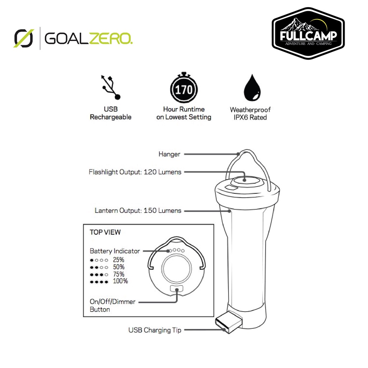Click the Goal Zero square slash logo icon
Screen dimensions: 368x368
point(24,38)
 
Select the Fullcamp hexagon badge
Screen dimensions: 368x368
point(308,33)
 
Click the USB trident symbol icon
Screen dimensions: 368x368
point(111,87)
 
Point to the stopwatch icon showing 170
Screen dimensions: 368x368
point(184,88)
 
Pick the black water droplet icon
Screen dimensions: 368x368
point(252,88)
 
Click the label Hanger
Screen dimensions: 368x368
point(169,154)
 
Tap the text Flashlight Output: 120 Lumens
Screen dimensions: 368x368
point(135,172)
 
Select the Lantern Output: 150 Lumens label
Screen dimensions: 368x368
point(138,211)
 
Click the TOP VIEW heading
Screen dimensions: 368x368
point(105,232)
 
